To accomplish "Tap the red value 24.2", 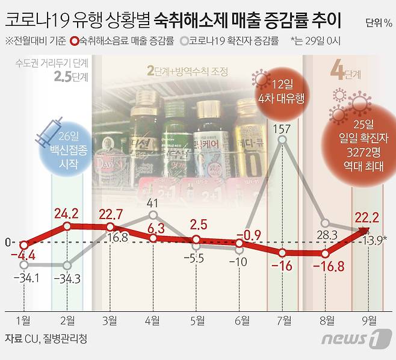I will click(66, 214).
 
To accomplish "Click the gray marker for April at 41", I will click(153, 215).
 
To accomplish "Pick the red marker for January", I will click(24, 245).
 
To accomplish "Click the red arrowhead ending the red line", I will click(365, 230).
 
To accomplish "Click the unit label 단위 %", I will click(379, 23).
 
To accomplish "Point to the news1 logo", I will click(352, 338).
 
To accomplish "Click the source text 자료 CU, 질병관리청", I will click(46, 338).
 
